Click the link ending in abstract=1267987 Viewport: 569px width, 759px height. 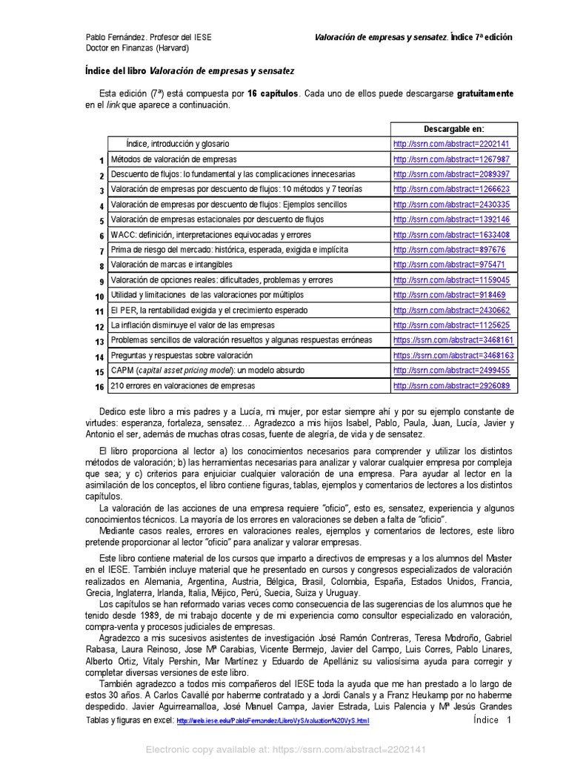pyautogui.click(x=451, y=159)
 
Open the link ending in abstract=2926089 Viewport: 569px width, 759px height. pyautogui.click(x=451, y=386)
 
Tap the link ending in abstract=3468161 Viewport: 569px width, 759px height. pyautogui.click(x=453, y=340)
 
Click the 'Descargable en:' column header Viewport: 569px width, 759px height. pyautogui.click(x=453, y=129)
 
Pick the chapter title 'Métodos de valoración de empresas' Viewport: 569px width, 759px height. pyautogui.click(x=173, y=159)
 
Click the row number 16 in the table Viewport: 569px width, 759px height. pyautogui.click(x=99, y=387)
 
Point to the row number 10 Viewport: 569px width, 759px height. pyautogui.click(x=99, y=296)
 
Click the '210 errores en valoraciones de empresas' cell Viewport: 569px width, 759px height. pyautogui.click(x=182, y=386)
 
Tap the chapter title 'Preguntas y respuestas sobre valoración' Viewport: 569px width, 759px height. pyautogui.click(x=182, y=356)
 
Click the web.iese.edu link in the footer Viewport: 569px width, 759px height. pyautogui.click(x=273, y=721)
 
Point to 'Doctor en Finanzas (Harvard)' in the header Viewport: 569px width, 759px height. pyautogui.click(x=137, y=48)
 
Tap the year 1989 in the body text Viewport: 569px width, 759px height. pyautogui.click(x=150, y=615)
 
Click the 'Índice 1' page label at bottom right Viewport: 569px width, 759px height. pyautogui.click(x=492, y=720)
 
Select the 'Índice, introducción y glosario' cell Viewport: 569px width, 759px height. pyautogui.click(x=178, y=144)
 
